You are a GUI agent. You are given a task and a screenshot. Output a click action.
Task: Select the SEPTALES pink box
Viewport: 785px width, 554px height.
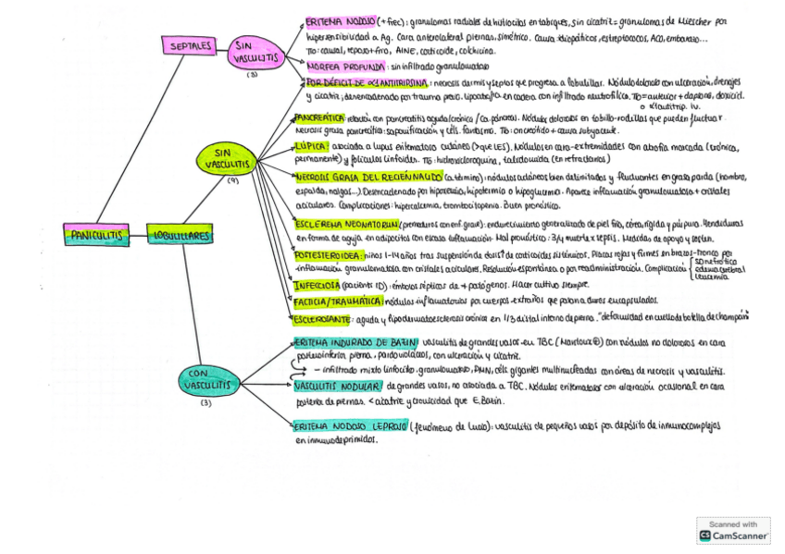click(x=193, y=44)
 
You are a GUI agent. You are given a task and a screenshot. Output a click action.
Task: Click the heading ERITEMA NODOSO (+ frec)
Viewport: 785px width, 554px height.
click(x=343, y=20)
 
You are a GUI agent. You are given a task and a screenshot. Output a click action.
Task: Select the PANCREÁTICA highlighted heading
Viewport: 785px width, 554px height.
click(x=318, y=118)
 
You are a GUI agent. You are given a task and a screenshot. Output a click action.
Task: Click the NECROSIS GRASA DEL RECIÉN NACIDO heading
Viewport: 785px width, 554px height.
click(x=369, y=176)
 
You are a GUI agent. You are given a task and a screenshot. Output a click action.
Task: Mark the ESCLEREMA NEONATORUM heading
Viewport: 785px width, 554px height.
click(x=346, y=224)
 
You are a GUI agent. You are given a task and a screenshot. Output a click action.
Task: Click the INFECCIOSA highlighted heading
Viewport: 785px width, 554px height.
click(x=318, y=285)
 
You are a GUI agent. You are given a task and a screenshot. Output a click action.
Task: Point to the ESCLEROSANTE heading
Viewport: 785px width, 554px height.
click(x=322, y=319)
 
